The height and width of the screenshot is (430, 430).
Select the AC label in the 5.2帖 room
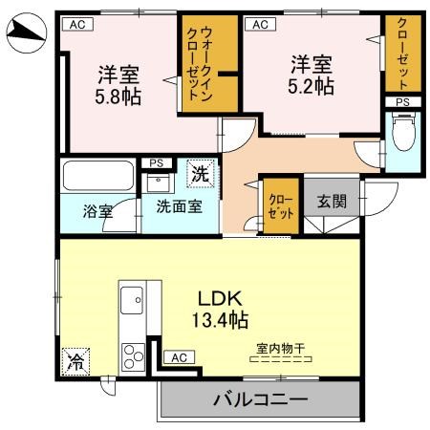tap(257, 25)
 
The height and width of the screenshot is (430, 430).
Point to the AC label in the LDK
tap(178, 356)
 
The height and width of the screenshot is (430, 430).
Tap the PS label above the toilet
tap(402, 101)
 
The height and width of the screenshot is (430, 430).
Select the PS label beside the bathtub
tap(156, 163)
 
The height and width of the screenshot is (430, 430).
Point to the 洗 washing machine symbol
tap(200, 175)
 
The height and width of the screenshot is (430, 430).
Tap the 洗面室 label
tap(180, 207)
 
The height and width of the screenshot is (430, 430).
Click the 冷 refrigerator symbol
tap(74, 360)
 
